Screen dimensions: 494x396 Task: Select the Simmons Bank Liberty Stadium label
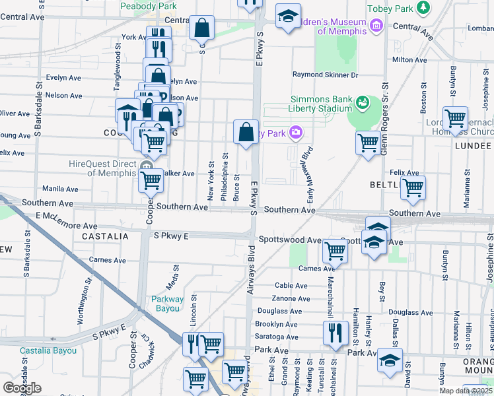321,104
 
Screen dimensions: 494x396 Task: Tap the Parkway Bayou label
166,304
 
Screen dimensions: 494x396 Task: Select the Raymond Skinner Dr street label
326,75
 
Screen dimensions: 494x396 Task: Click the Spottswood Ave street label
289,240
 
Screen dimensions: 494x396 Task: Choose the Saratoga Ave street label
276,337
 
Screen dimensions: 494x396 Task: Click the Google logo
22,388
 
